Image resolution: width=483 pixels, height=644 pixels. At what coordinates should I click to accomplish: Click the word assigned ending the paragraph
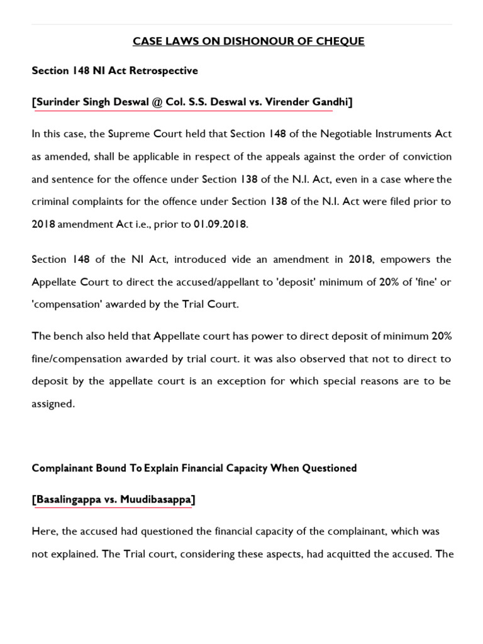tap(53, 404)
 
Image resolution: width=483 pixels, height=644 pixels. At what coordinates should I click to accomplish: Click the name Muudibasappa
tap(160, 499)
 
